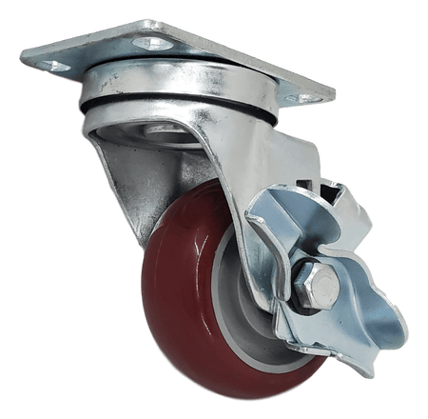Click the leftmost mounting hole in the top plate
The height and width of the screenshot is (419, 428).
[x=54, y=66]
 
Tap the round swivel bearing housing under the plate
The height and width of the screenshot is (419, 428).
[x=181, y=100]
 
